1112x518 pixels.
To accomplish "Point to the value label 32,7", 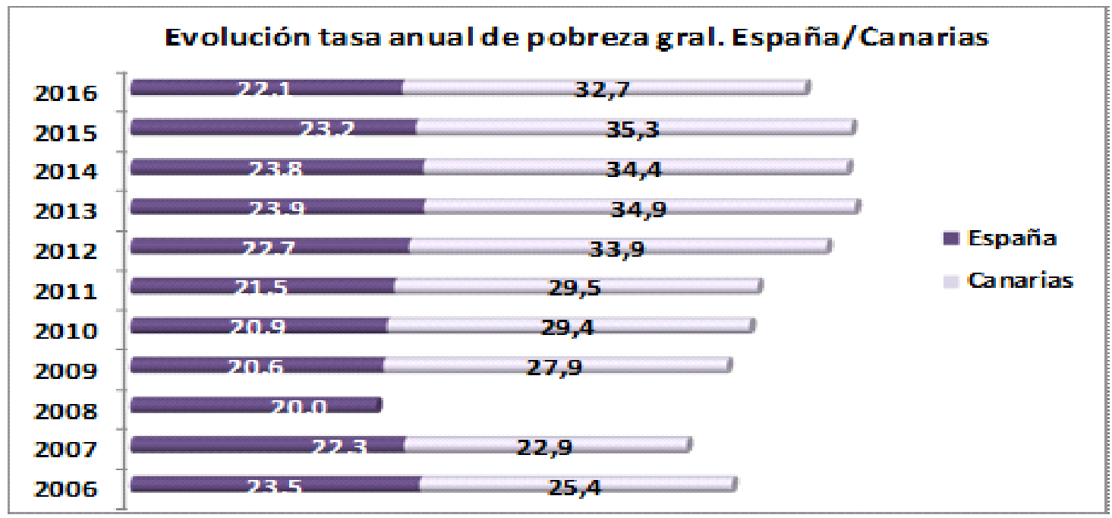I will pos(603,89).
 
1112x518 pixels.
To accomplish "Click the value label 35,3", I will pos(632,129).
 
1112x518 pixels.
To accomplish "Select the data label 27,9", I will pos(554,367).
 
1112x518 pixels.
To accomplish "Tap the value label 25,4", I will pos(575,486).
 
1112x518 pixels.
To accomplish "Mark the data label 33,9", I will pos(616,248).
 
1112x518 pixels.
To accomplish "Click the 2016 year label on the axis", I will pos(66,94).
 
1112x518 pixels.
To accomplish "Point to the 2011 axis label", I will pos(66,292).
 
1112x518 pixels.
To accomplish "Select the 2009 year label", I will pos(66,371).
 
